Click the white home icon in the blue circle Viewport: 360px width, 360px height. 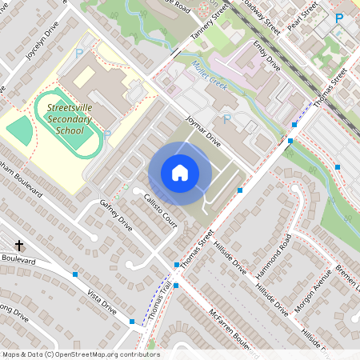click(x=180, y=172)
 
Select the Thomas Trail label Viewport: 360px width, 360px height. click(x=158, y=302)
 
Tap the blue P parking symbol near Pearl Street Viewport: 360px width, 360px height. click(x=338, y=18)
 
